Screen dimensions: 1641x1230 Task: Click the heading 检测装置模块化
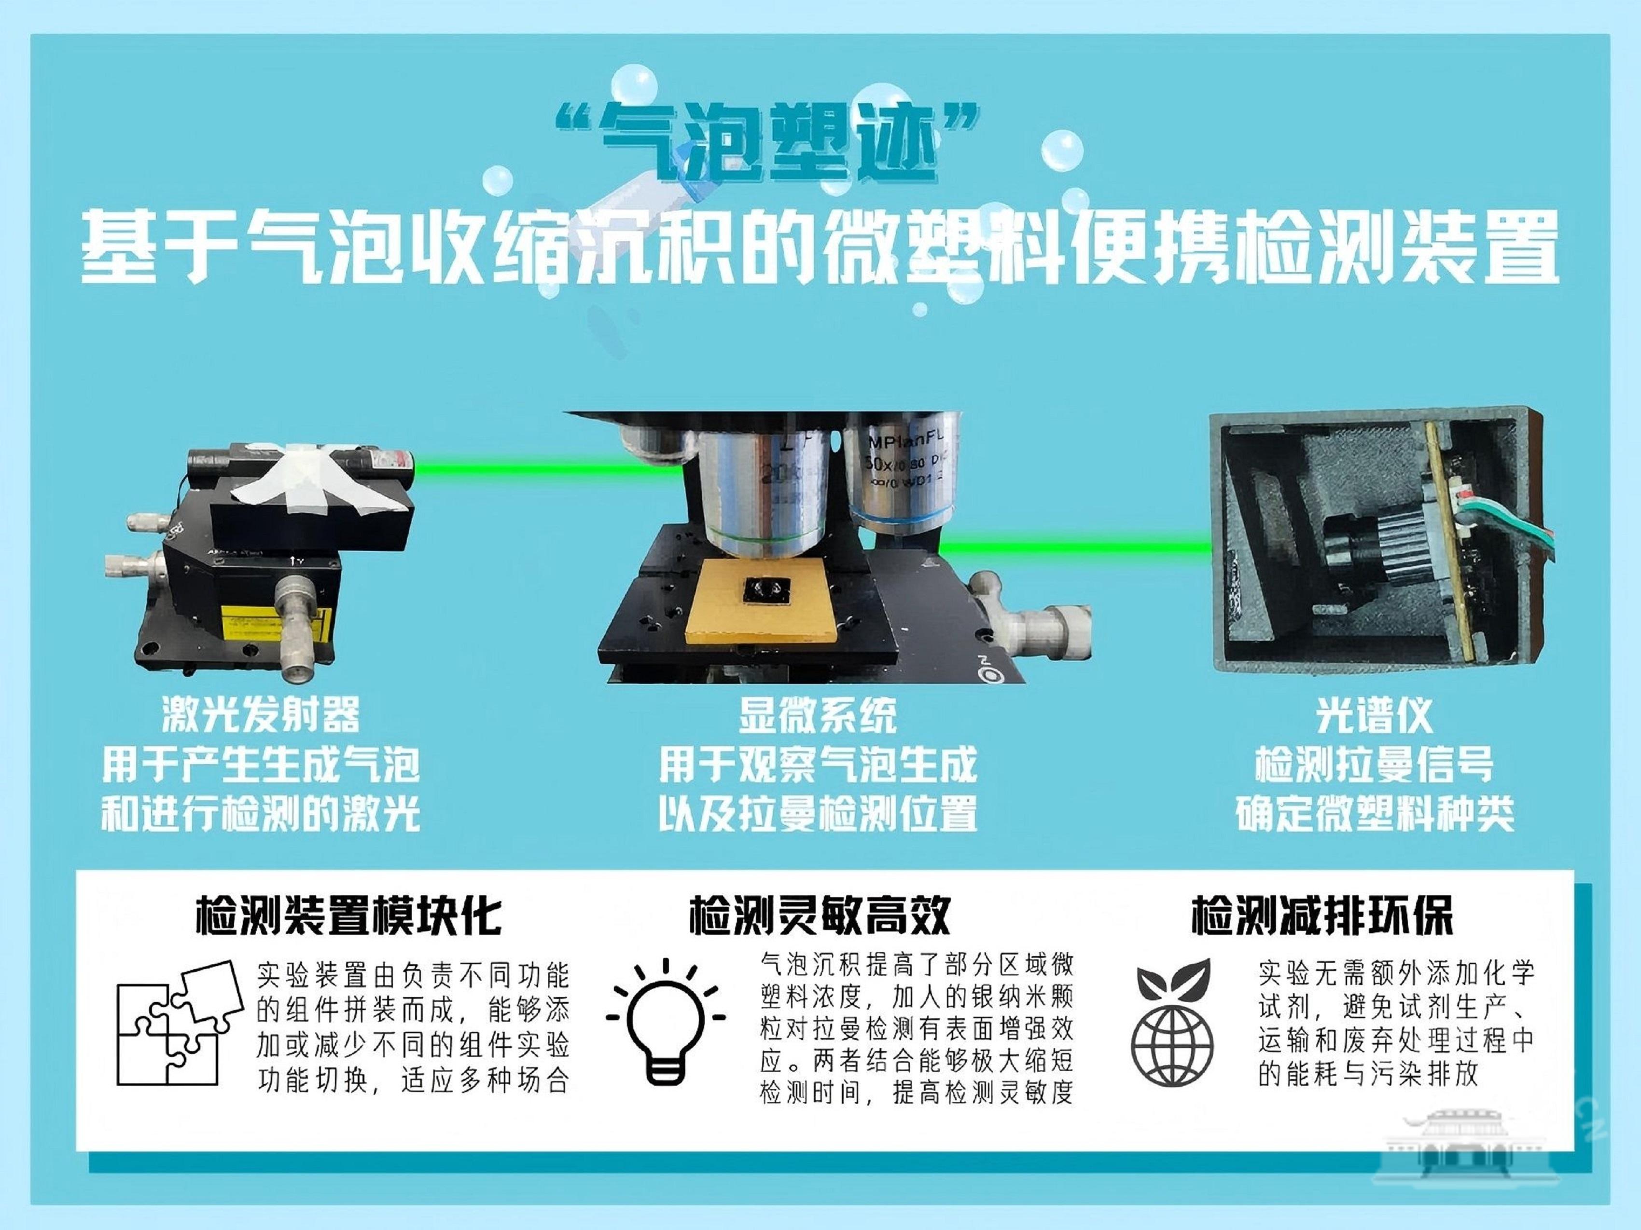pos(348,916)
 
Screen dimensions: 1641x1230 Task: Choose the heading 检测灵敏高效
pos(820,916)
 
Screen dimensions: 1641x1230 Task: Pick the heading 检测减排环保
pos(1321,916)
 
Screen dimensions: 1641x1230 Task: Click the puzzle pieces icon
pos(180,1023)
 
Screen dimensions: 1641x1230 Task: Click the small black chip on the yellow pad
pos(765,591)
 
